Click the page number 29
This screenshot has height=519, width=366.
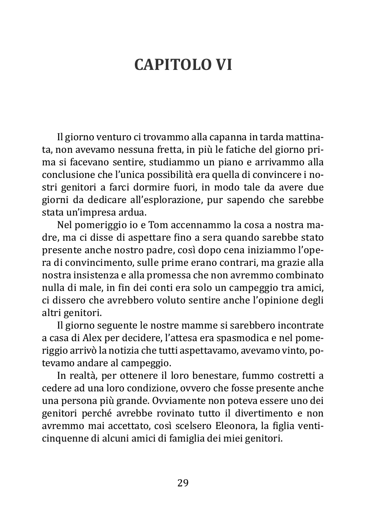tap(183, 483)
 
